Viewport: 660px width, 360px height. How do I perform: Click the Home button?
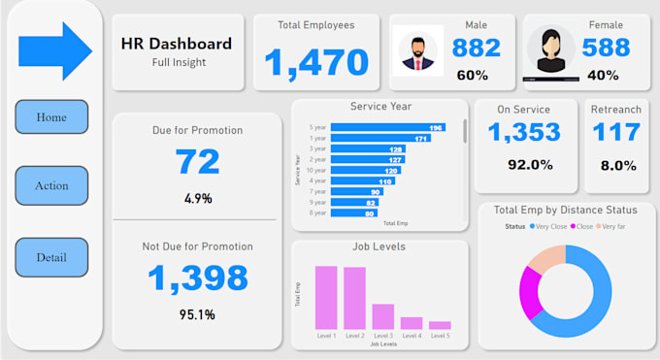(x=51, y=117)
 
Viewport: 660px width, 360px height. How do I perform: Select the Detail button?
(x=51, y=257)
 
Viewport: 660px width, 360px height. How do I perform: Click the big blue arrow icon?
(x=55, y=52)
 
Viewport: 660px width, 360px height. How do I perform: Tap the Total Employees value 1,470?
(x=316, y=63)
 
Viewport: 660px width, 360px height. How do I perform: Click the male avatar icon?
(x=418, y=51)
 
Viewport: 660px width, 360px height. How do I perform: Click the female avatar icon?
(x=550, y=51)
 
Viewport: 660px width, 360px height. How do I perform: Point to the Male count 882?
(x=477, y=48)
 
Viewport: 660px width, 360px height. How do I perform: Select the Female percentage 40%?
(x=603, y=75)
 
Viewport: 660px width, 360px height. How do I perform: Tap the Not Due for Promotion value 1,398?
(x=198, y=278)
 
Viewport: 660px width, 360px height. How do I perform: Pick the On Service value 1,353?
(x=524, y=133)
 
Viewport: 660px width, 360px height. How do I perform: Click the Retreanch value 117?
(x=617, y=133)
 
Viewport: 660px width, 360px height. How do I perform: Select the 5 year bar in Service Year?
(x=387, y=127)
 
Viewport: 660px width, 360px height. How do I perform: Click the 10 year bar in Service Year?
(x=365, y=170)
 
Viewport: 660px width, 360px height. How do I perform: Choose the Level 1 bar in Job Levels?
(x=326, y=298)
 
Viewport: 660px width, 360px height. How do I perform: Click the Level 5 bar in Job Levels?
(x=440, y=325)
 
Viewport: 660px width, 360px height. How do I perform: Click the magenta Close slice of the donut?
(x=530, y=291)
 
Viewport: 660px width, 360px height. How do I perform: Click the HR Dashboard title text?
(x=177, y=44)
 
